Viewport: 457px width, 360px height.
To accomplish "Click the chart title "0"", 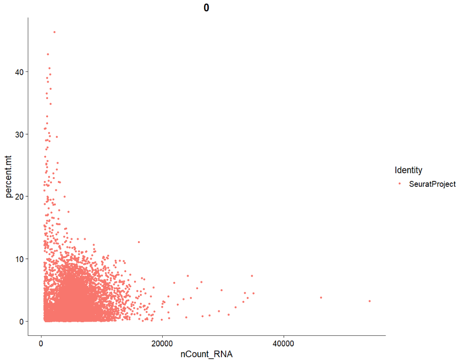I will coord(206,8).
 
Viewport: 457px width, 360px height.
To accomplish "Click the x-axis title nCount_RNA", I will coord(206,354).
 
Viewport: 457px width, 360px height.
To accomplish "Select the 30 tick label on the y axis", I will coord(18,134).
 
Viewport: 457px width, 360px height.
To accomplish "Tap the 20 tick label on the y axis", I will coord(18,196).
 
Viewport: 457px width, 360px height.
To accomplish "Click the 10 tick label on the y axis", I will coord(18,259).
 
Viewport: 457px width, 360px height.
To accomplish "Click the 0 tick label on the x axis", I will coord(41,344).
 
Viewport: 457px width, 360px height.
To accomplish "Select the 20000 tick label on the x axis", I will coord(162,344).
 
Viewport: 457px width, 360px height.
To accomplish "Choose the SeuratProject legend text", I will coord(432,184).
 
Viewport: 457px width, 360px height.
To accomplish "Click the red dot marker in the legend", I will coord(400,184).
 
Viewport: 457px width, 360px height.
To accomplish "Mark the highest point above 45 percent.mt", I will coord(54,32).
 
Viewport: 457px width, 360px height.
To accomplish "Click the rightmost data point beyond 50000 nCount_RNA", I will coord(370,301).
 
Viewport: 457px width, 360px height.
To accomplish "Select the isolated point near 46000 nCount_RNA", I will coord(321,297).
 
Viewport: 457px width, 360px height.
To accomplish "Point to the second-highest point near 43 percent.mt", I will coord(48,54).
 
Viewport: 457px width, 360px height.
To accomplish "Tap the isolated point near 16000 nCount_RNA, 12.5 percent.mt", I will coord(138,242).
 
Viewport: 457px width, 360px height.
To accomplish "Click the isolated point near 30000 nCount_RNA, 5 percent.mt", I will coord(221,290).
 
